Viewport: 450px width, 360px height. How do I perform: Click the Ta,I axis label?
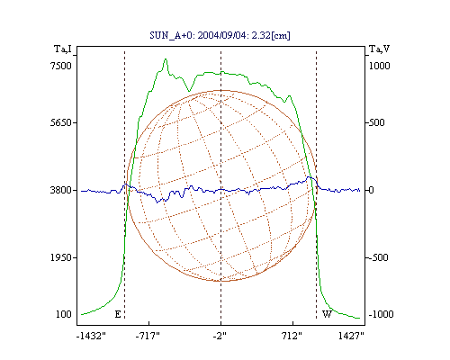tap(63, 49)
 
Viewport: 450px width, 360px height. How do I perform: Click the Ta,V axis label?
tap(379, 49)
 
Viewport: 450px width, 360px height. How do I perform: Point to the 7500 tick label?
tap(61, 66)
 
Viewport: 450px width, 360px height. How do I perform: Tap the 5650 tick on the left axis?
tap(61, 122)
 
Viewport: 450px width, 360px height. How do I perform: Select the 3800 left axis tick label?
tap(61, 190)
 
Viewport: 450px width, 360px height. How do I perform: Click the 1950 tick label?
tap(61, 257)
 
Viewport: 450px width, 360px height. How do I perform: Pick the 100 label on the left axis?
tap(64, 314)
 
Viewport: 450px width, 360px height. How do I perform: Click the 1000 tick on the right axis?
tap(380, 66)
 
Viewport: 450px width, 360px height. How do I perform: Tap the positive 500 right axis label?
tap(377, 122)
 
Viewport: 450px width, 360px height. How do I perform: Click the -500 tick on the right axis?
tap(378, 257)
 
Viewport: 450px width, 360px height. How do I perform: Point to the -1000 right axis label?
tap(381, 314)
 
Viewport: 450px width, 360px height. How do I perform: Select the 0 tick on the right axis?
tap(372, 190)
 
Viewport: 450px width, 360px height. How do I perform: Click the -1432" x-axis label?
tap(91, 336)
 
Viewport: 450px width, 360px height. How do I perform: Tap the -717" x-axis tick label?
tap(148, 336)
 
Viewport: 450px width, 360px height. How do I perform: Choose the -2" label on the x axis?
tap(220, 336)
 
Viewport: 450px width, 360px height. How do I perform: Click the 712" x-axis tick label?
tap(292, 336)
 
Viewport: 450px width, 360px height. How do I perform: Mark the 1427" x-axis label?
tap(351, 336)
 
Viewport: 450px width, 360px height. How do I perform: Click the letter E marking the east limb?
tap(118, 314)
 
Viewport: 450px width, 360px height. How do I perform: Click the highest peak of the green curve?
tap(166, 59)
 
